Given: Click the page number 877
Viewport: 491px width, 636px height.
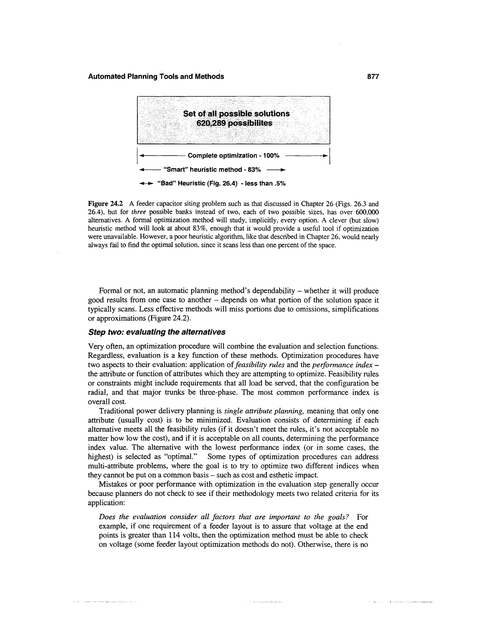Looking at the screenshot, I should point(373,77).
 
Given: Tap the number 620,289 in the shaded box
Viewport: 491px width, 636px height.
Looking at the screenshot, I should point(211,123).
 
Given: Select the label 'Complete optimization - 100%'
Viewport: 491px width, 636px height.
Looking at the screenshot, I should point(233,156).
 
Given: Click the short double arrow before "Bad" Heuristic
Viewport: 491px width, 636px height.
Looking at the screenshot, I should point(146,184).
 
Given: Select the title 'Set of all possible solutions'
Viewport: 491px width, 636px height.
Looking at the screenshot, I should point(236,114).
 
